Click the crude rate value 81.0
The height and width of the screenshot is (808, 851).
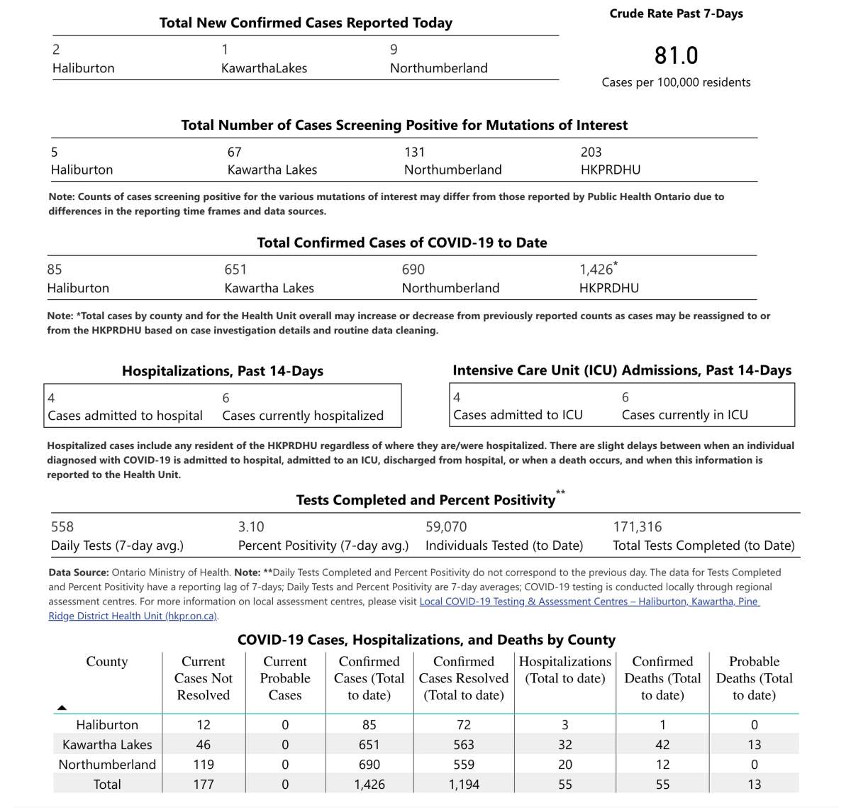pyautogui.click(x=676, y=55)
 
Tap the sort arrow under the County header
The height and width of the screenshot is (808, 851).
pyautogui.click(x=62, y=707)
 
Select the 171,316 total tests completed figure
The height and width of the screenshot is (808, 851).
pyautogui.click(x=637, y=526)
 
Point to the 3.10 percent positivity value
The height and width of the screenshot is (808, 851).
pyautogui.click(x=251, y=526)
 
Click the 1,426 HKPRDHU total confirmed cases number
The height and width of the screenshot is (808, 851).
pyautogui.click(x=596, y=270)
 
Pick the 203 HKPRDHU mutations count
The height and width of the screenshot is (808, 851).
pyautogui.click(x=591, y=152)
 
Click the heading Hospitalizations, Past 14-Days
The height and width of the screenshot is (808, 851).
pyautogui.click(x=223, y=371)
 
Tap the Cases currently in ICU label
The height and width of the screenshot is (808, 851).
pyautogui.click(x=684, y=415)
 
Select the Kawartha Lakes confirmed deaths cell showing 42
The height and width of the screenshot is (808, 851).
pyautogui.click(x=662, y=745)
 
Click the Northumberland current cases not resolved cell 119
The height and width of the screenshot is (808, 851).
pyautogui.click(x=204, y=765)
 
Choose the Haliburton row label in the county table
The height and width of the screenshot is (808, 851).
pyautogui.click(x=107, y=725)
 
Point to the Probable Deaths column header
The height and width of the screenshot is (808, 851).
pyautogui.click(x=754, y=678)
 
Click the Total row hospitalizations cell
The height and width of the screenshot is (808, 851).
pyautogui.click(x=565, y=785)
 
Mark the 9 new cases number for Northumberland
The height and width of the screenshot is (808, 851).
pyautogui.click(x=394, y=50)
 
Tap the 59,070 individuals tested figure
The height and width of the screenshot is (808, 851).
pyautogui.click(x=446, y=526)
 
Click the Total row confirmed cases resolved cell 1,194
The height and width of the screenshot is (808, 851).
pyautogui.click(x=464, y=785)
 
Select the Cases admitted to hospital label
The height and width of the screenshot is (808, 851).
pyautogui.click(x=125, y=416)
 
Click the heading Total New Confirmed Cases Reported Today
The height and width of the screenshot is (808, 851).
pyautogui.click(x=306, y=23)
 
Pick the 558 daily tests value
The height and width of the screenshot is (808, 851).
pyautogui.click(x=62, y=526)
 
